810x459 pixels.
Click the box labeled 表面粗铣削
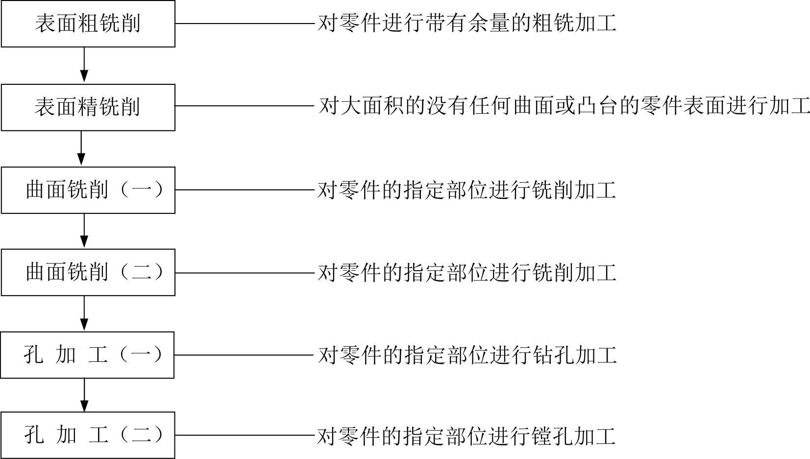tap(88, 24)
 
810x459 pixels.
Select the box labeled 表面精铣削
tap(88, 107)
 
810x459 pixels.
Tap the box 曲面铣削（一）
tap(88, 190)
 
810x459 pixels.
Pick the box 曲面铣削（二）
tap(88, 273)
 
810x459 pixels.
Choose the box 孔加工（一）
tap(87, 355)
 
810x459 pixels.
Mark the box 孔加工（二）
tap(88, 435)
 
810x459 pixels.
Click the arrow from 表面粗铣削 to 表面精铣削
tap(84, 65)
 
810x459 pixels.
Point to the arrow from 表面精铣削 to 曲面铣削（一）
tap(81, 148)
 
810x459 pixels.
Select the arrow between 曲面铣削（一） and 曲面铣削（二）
tap(84, 231)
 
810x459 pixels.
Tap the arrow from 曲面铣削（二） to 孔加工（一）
tap(84, 313)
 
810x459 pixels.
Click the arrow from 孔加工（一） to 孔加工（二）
tap(84, 395)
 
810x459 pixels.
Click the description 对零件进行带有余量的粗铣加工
tap(466, 24)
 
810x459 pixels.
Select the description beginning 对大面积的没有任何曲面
tap(564, 106)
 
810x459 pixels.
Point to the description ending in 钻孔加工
tap(466, 355)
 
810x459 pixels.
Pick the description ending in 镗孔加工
tap(466, 436)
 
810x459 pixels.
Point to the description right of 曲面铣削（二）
tap(466, 273)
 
